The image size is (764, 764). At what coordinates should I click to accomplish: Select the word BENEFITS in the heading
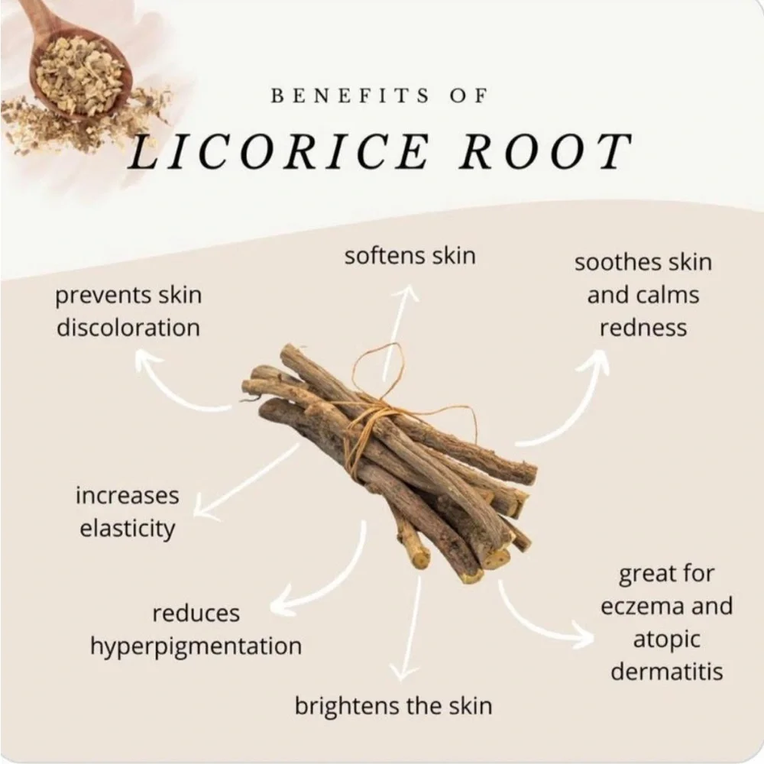pyautogui.click(x=350, y=95)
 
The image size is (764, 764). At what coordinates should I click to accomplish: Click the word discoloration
pyautogui.click(x=128, y=328)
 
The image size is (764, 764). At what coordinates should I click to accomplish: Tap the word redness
pyautogui.click(x=643, y=328)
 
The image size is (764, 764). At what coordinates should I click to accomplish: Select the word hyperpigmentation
pyautogui.click(x=196, y=647)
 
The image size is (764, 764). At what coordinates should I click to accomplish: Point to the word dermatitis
pyautogui.click(x=666, y=672)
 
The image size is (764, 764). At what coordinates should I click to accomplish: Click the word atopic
pyautogui.click(x=666, y=639)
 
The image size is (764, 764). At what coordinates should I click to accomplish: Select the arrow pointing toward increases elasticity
pyautogui.click(x=246, y=481)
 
